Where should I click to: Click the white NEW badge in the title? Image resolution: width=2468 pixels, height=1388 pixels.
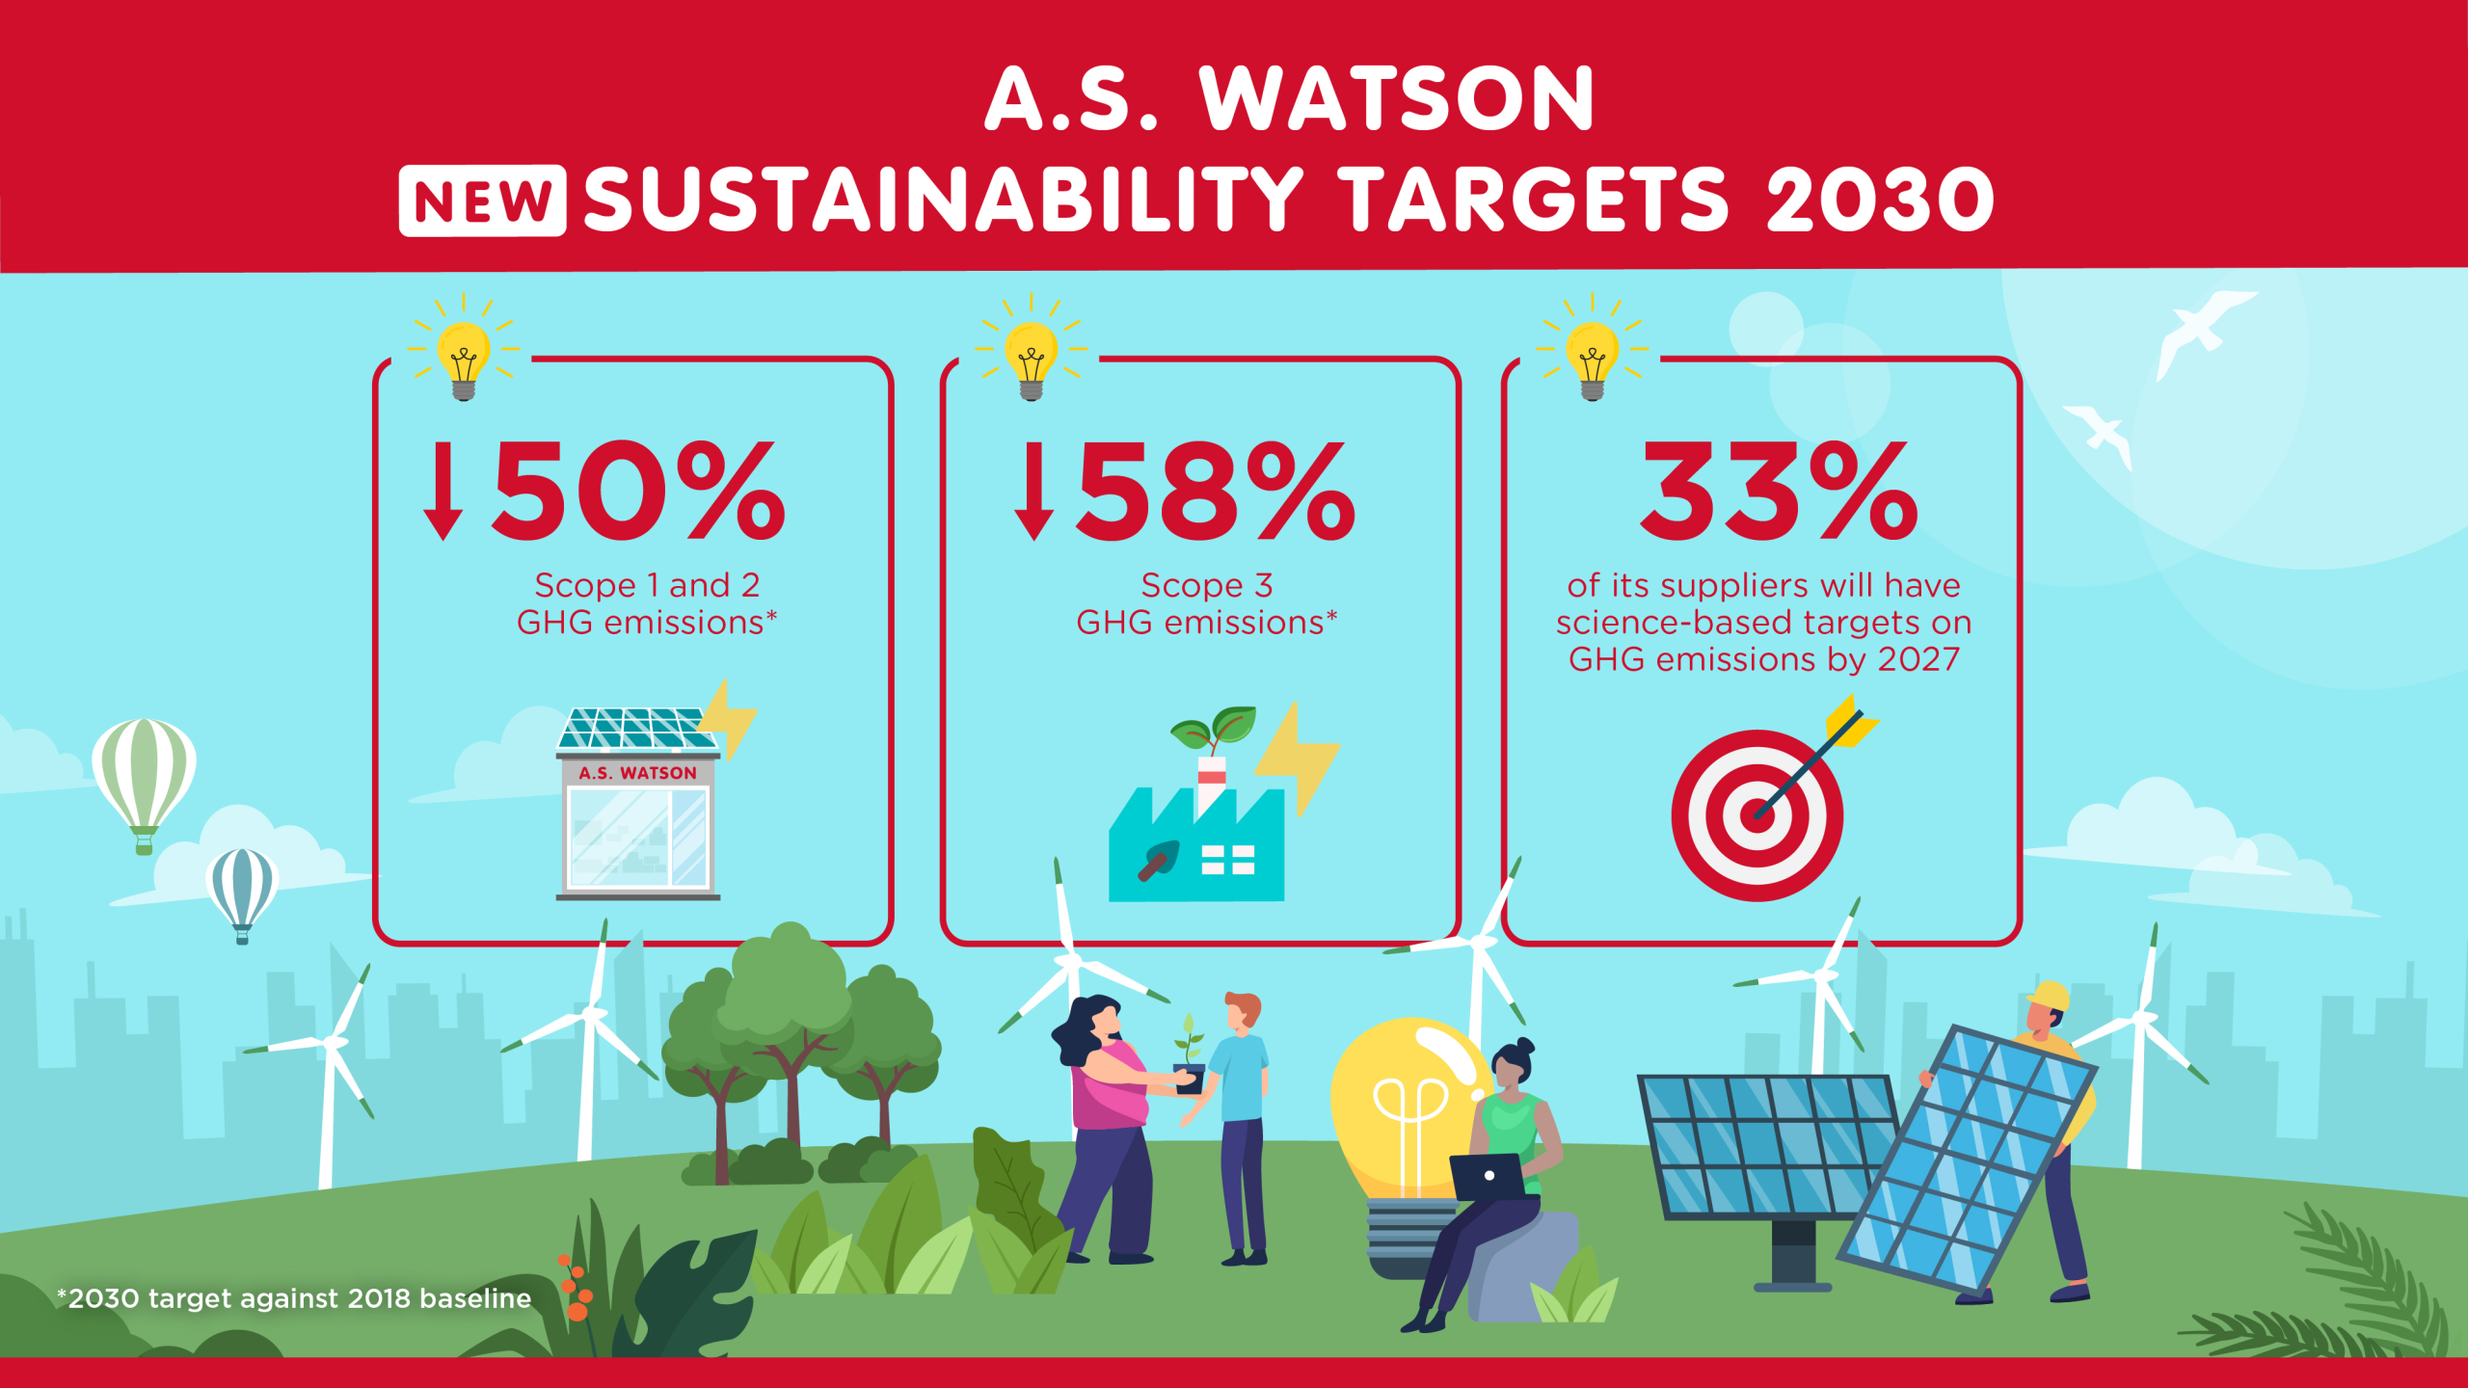pos(482,200)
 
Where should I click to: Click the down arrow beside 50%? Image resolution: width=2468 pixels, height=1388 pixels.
pos(443,491)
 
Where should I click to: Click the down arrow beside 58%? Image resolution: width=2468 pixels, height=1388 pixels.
pos(1033,491)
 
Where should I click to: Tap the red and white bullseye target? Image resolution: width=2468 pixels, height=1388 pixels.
pos(1757,815)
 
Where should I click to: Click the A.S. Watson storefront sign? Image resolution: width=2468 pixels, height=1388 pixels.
pos(637,773)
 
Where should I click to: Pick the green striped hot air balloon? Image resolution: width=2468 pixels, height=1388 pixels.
pos(145,771)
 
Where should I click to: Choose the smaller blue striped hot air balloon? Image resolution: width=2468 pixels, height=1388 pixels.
pos(242,887)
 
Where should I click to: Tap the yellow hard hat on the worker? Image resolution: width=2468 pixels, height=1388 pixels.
pos(2050,996)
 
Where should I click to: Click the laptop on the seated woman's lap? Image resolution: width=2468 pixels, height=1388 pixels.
pos(1488,1176)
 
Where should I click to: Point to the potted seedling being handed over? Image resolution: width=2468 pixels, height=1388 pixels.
pos(1190,1060)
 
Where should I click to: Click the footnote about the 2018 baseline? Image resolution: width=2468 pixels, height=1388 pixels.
pos(294,1298)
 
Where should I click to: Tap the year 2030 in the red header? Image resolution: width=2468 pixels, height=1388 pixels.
pos(1880,200)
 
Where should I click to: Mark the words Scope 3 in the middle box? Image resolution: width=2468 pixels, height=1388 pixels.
pos(1207,585)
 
